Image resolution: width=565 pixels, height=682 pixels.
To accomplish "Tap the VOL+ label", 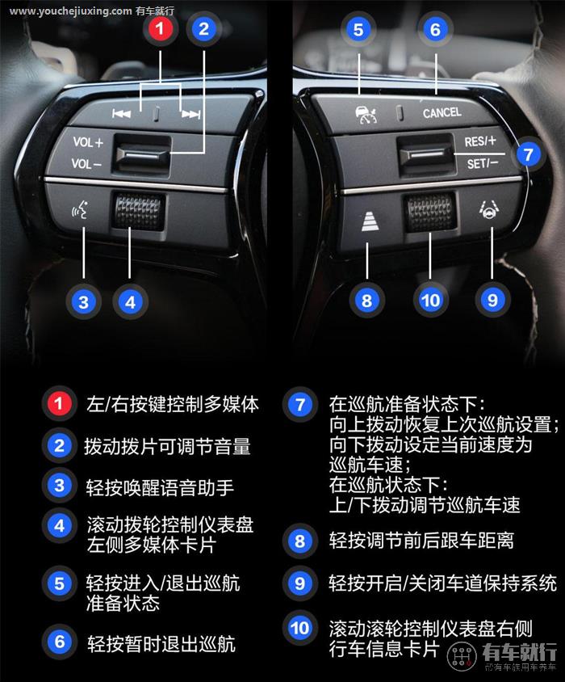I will tap(88, 142).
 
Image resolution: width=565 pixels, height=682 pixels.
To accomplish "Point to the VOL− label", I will tap(87, 164).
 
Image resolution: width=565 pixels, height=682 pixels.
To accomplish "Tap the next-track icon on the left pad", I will tap(190, 115).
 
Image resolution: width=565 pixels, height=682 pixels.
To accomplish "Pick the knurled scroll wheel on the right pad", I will tap(429, 211).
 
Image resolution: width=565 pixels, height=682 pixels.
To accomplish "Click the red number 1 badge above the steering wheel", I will tap(161, 30).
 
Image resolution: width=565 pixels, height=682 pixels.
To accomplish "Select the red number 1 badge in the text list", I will tap(59, 403).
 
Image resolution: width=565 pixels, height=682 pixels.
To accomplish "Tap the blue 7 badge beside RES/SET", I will tap(527, 154).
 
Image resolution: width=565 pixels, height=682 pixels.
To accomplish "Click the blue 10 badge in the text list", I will tap(299, 628).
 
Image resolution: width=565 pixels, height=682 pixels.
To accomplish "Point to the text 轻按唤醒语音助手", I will tap(160, 486).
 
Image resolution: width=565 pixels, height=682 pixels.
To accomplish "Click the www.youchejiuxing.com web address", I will tap(71, 11).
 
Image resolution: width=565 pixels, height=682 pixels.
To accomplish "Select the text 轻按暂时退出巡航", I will tap(161, 643).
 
